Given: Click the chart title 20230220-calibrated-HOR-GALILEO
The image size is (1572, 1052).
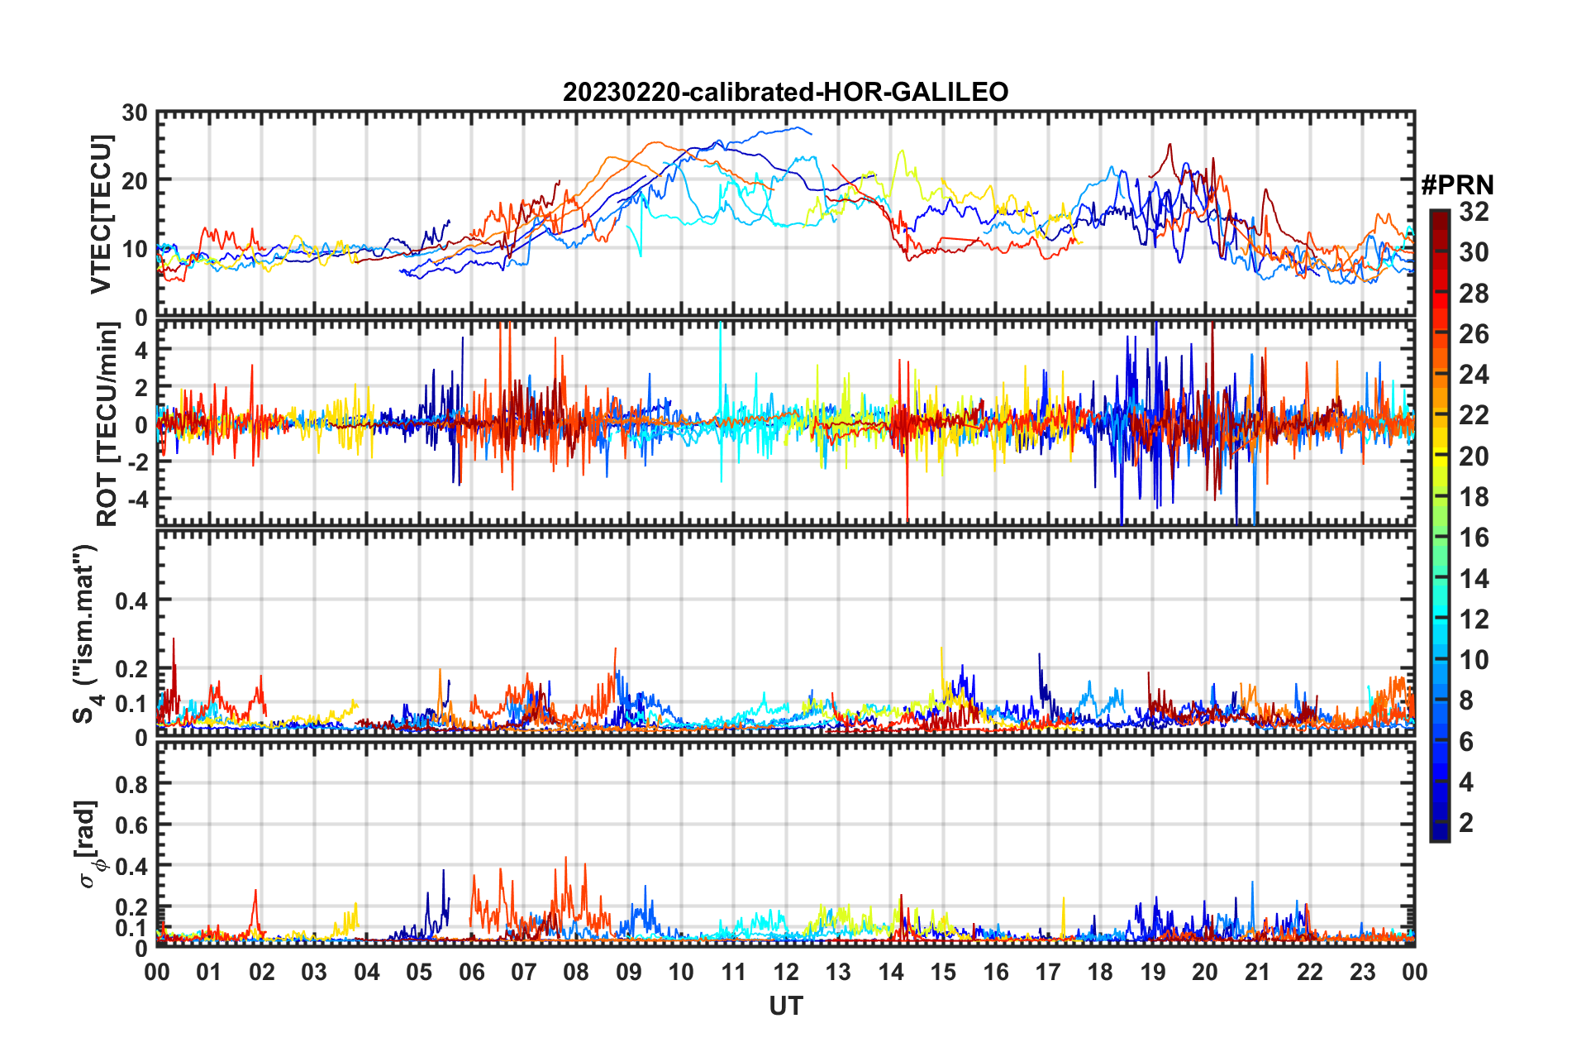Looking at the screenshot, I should tap(785, 92).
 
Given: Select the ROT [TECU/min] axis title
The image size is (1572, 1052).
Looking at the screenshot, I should tap(107, 424).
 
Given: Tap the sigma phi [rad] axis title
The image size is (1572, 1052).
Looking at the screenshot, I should tap(88, 844).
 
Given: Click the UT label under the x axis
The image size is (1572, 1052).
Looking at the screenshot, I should tap(785, 1006).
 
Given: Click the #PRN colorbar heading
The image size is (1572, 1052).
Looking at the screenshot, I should tap(1456, 185).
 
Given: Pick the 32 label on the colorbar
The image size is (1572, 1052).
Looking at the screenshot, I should tap(1474, 212).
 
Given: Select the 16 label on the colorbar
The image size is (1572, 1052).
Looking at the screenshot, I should tap(1474, 538).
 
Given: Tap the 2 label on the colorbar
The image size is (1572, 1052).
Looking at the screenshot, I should tap(1466, 822).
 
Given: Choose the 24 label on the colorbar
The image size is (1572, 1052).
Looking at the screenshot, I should tap(1474, 375).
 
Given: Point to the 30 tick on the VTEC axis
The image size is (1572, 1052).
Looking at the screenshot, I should tap(134, 113).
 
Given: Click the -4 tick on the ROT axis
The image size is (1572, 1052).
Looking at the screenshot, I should tap(139, 500).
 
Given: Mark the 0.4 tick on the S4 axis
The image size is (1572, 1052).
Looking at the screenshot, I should tap(131, 600).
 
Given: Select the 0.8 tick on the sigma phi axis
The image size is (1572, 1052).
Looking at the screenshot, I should tap(131, 784).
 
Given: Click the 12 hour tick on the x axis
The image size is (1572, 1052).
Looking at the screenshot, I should tap(785, 972).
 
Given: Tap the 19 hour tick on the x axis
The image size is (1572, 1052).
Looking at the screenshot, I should tap(1152, 972).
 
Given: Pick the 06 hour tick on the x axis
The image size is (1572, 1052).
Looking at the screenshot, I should tap(471, 972).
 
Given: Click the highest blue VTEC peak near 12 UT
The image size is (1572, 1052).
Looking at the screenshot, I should tap(798, 127).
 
